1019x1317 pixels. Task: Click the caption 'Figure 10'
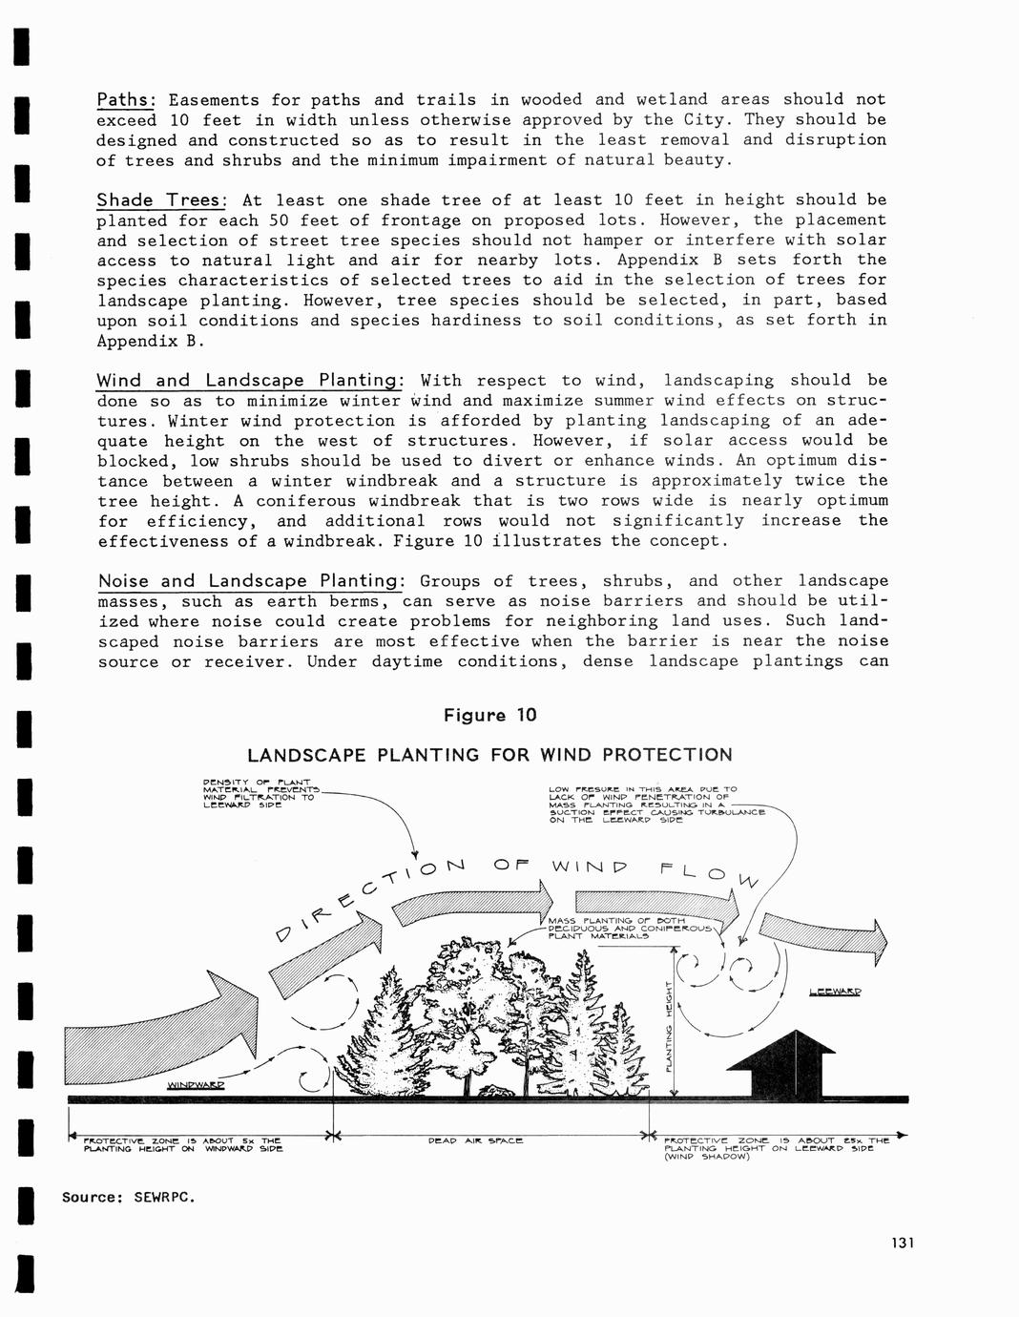point(489,716)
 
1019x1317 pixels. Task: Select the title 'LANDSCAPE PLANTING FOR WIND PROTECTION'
point(489,755)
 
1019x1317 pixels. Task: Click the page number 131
point(902,1243)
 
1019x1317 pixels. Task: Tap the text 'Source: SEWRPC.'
point(129,1197)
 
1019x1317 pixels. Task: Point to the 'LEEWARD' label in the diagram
point(834,992)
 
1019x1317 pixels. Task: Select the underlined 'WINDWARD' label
point(196,1085)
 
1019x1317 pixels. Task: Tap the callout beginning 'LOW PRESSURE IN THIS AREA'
point(656,805)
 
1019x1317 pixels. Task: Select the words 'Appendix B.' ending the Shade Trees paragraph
point(151,342)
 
